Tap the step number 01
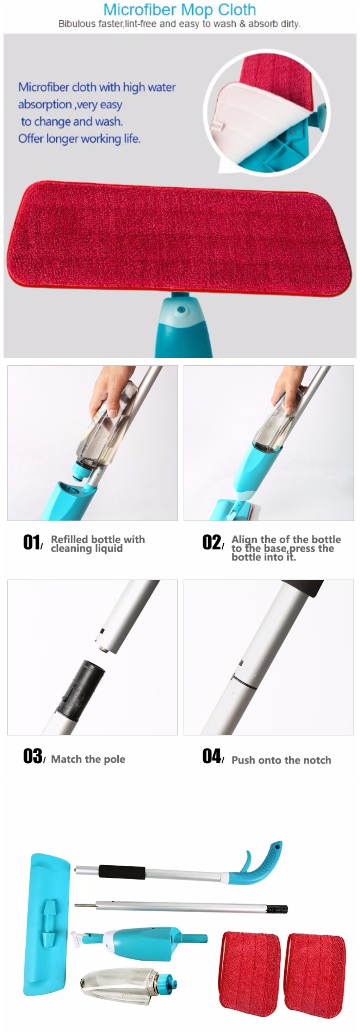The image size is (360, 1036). tap(32, 542)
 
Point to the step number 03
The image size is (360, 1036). tap(32, 756)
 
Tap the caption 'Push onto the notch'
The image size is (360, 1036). tap(281, 760)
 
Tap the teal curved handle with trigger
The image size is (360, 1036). tap(257, 863)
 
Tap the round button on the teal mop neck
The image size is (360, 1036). tap(181, 310)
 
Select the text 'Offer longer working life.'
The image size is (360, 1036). tap(79, 139)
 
